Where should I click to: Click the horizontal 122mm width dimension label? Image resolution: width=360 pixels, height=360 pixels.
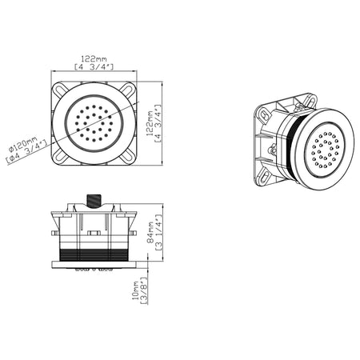pyautogui.click(x=94, y=58)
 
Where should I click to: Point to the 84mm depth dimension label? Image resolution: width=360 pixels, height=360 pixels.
pyautogui.click(x=151, y=232)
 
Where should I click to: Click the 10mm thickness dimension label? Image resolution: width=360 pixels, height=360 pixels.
pyautogui.click(x=136, y=290)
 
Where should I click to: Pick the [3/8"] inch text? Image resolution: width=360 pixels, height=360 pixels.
pyautogui.click(x=144, y=290)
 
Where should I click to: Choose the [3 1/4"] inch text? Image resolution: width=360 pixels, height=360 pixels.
pyautogui.click(x=158, y=232)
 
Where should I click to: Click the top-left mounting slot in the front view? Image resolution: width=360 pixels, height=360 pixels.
pyautogui.click(x=60, y=90)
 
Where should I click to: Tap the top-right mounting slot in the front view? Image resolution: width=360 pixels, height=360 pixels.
pyautogui.click(x=127, y=90)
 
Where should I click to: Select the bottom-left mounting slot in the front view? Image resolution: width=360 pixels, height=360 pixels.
pyautogui.click(x=60, y=156)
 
